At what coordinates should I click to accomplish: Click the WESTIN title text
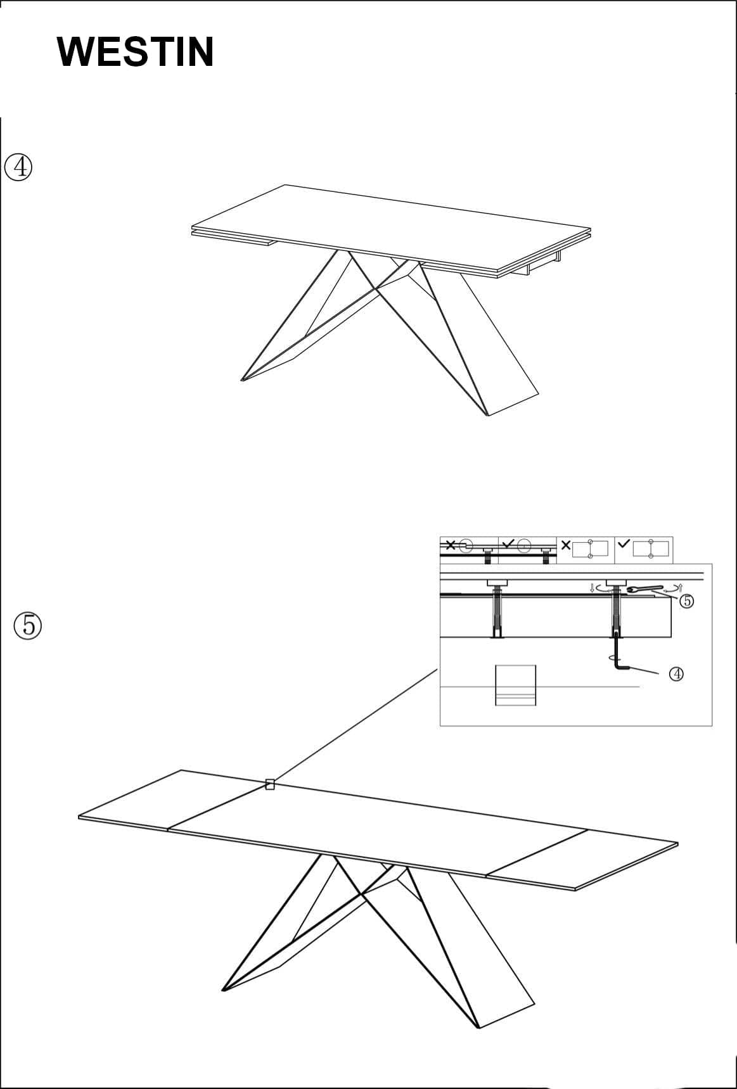pos(135,52)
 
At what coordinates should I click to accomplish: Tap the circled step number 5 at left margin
pos(28,625)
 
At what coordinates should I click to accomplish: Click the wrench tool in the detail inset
pos(645,589)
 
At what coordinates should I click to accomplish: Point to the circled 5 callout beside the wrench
pos(686,601)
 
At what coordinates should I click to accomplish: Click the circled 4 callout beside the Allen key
pos(676,674)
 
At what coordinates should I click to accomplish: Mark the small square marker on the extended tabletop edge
pos(270,785)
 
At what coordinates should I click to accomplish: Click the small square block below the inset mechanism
pos(515,685)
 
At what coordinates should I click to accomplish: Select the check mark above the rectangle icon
pos(624,544)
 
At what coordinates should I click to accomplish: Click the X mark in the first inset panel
pos(450,545)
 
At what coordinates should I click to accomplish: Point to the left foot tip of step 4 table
pos(242,380)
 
